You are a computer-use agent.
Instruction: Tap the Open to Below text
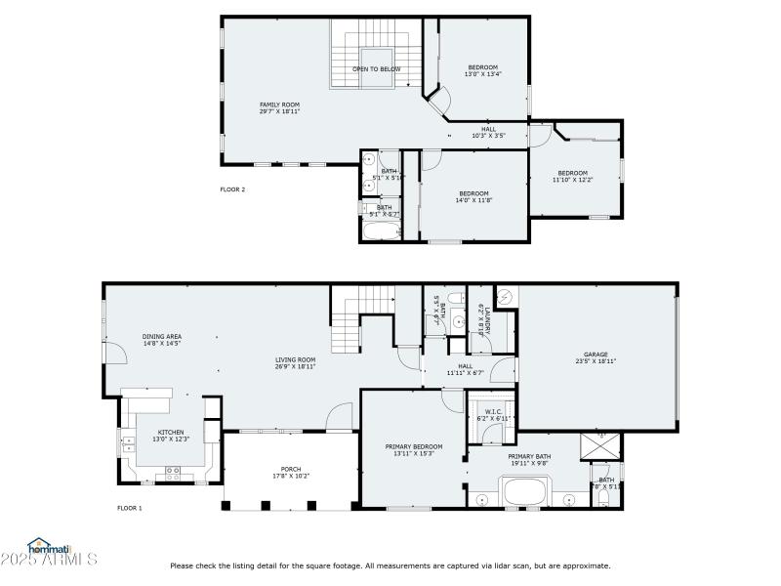(x=376, y=69)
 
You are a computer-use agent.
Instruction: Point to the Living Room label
(x=295, y=362)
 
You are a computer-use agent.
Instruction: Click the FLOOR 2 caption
(x=232, y=189)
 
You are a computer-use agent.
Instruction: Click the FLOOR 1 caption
(x=130, y=508)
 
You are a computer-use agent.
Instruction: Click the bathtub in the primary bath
(x=527, y=492)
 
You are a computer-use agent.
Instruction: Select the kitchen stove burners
(x=174, y=472)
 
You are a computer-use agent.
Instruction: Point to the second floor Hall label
(x=488, y=132)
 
